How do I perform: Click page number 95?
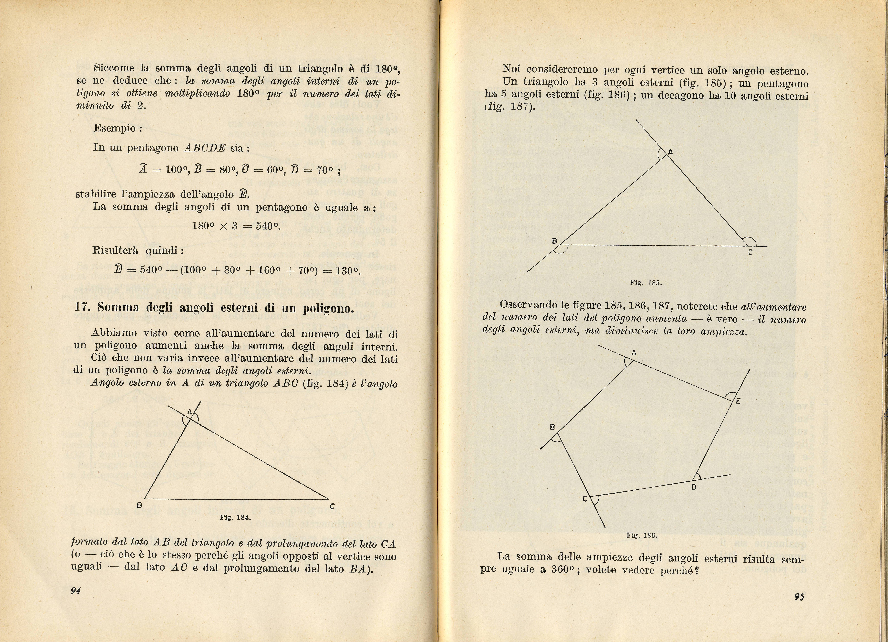click(799, 597)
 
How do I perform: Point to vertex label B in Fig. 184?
click(139, 505)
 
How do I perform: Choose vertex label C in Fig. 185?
click(750, 253)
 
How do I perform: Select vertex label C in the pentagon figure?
click(585, 499)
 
